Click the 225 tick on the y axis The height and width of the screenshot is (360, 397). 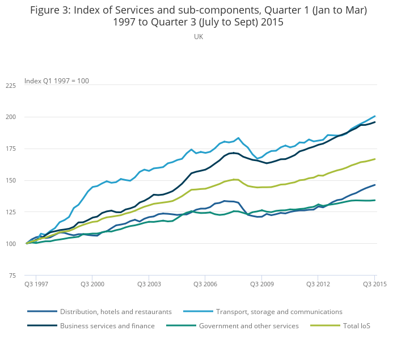pyautogui.click(x=11, y=86)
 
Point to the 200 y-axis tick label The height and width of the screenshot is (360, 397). pyautogui.click(x=11, y=117)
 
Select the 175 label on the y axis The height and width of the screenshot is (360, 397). pyautogui.click(x=11, y=149)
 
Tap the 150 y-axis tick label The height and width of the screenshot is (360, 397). pyautogui.click(x=11, y=181)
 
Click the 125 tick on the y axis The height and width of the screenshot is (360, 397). pyautogui.click(x=11, y=213)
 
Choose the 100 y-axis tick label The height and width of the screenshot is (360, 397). pyautogui.click(x=11, y=244)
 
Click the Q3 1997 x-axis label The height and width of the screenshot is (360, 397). pyautogui.click(x=36, y=282)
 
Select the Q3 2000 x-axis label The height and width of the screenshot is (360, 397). pyautogui.click(x=92, y=282)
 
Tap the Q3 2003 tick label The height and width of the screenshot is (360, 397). pyautogui.click(x=148, y=282)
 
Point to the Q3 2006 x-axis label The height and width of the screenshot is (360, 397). pyautogui.click(x=205, y=282)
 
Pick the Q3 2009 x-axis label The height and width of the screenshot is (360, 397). pyautogui.click(x=261, y=282)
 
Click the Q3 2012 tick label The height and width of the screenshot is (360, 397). pyautogui.click(x=318, y=282)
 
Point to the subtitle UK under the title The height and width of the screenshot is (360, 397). pyautogui.click(x=198, y=36)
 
